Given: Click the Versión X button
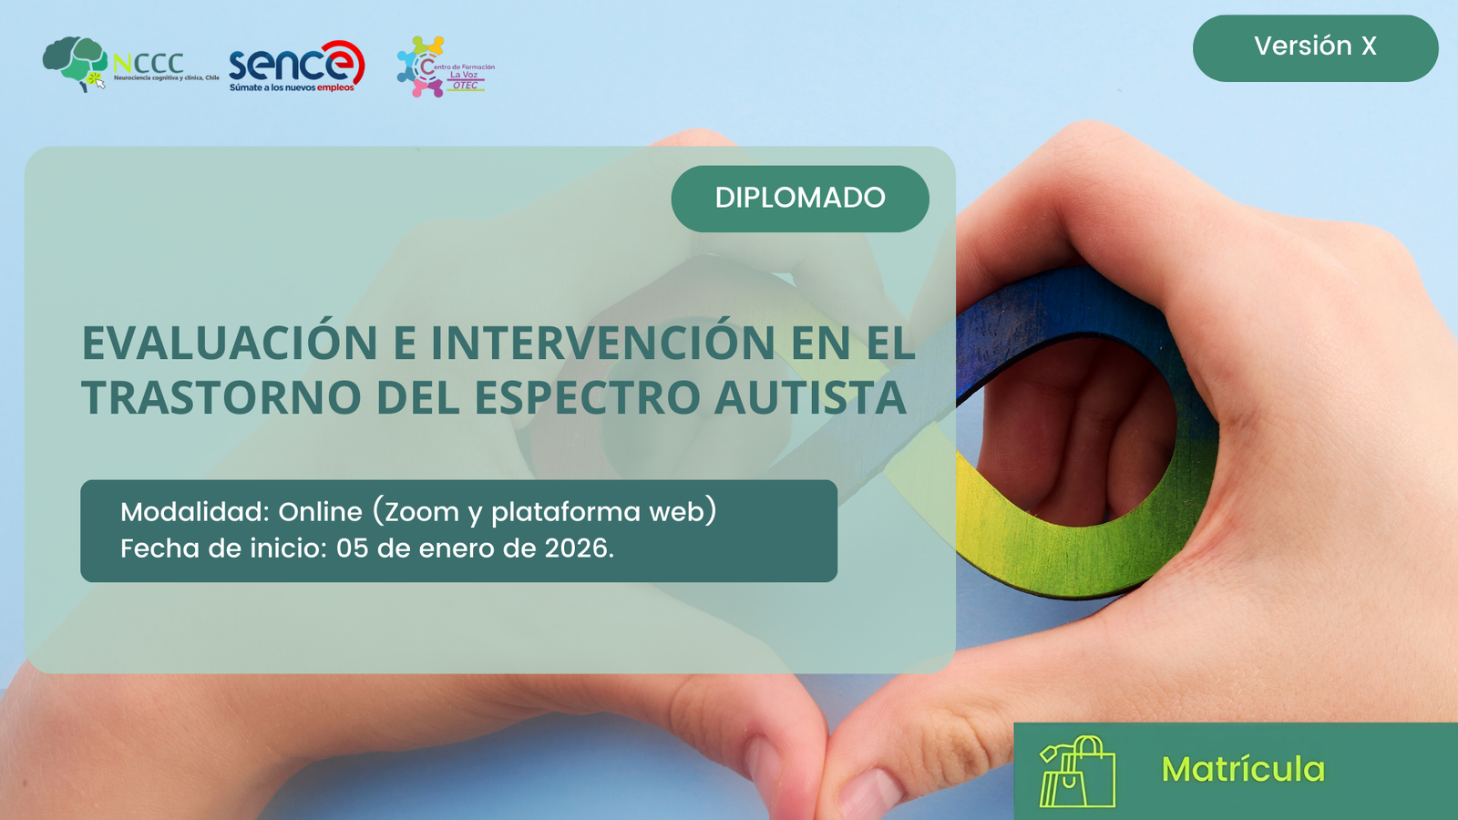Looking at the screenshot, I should tap(1315, 47).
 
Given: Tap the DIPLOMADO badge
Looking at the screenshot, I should tap(800, 198).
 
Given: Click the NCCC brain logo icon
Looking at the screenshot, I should tap(75, 63).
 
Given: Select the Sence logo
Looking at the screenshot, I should tap(296, 66).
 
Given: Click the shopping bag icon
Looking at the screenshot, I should tap(1077, 772).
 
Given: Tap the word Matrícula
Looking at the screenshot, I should tap(1243, 770).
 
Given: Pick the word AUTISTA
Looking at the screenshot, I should tap(810, 398).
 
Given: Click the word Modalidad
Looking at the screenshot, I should tap(194, 512).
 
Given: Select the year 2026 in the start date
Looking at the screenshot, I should tap(576, 548).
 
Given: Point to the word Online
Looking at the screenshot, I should tap(320, 512).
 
